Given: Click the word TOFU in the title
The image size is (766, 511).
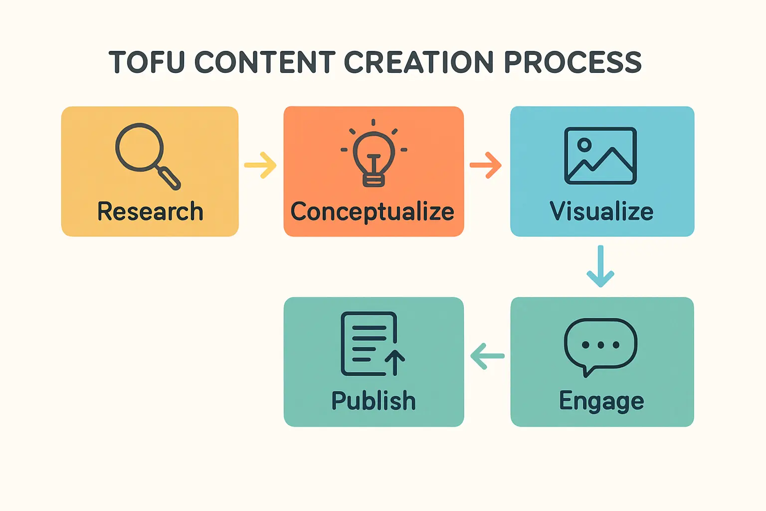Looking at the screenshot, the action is [x=147, y=62].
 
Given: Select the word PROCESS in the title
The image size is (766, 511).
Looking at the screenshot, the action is [x=573, y=62].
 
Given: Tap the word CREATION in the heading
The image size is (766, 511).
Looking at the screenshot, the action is [x=418, y=62].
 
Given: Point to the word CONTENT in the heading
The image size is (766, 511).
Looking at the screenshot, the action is [x=265, y=62].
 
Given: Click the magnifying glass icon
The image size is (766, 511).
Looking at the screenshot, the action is [x=148, y=156].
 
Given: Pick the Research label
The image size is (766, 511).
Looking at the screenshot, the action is [x=150, y=211].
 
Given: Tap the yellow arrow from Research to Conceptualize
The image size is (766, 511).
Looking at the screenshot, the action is [x=260, y=165].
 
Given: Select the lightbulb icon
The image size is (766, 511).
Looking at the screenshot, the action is [x=374, y=153].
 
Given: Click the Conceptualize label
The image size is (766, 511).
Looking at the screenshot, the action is [x=373, y=212].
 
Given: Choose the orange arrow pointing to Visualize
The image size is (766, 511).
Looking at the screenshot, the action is [x=486, y=165].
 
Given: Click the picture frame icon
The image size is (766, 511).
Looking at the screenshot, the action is [x=600, y=156].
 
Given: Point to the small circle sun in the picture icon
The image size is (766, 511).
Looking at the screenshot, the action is [x=584, y=145].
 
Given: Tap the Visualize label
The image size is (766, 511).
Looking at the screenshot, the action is [x=601, y=211].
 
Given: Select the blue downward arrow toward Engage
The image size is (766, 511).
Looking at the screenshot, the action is [x=600, y=266].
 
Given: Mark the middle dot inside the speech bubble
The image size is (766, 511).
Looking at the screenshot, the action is [x=600, y=345].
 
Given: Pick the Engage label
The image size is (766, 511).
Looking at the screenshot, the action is [x=601, y=401].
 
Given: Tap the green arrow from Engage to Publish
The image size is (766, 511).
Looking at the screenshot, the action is [x=487, y=356].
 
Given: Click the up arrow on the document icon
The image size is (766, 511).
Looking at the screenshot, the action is [x=395, y=363].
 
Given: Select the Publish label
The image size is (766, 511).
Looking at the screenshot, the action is [x=374, y=400].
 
